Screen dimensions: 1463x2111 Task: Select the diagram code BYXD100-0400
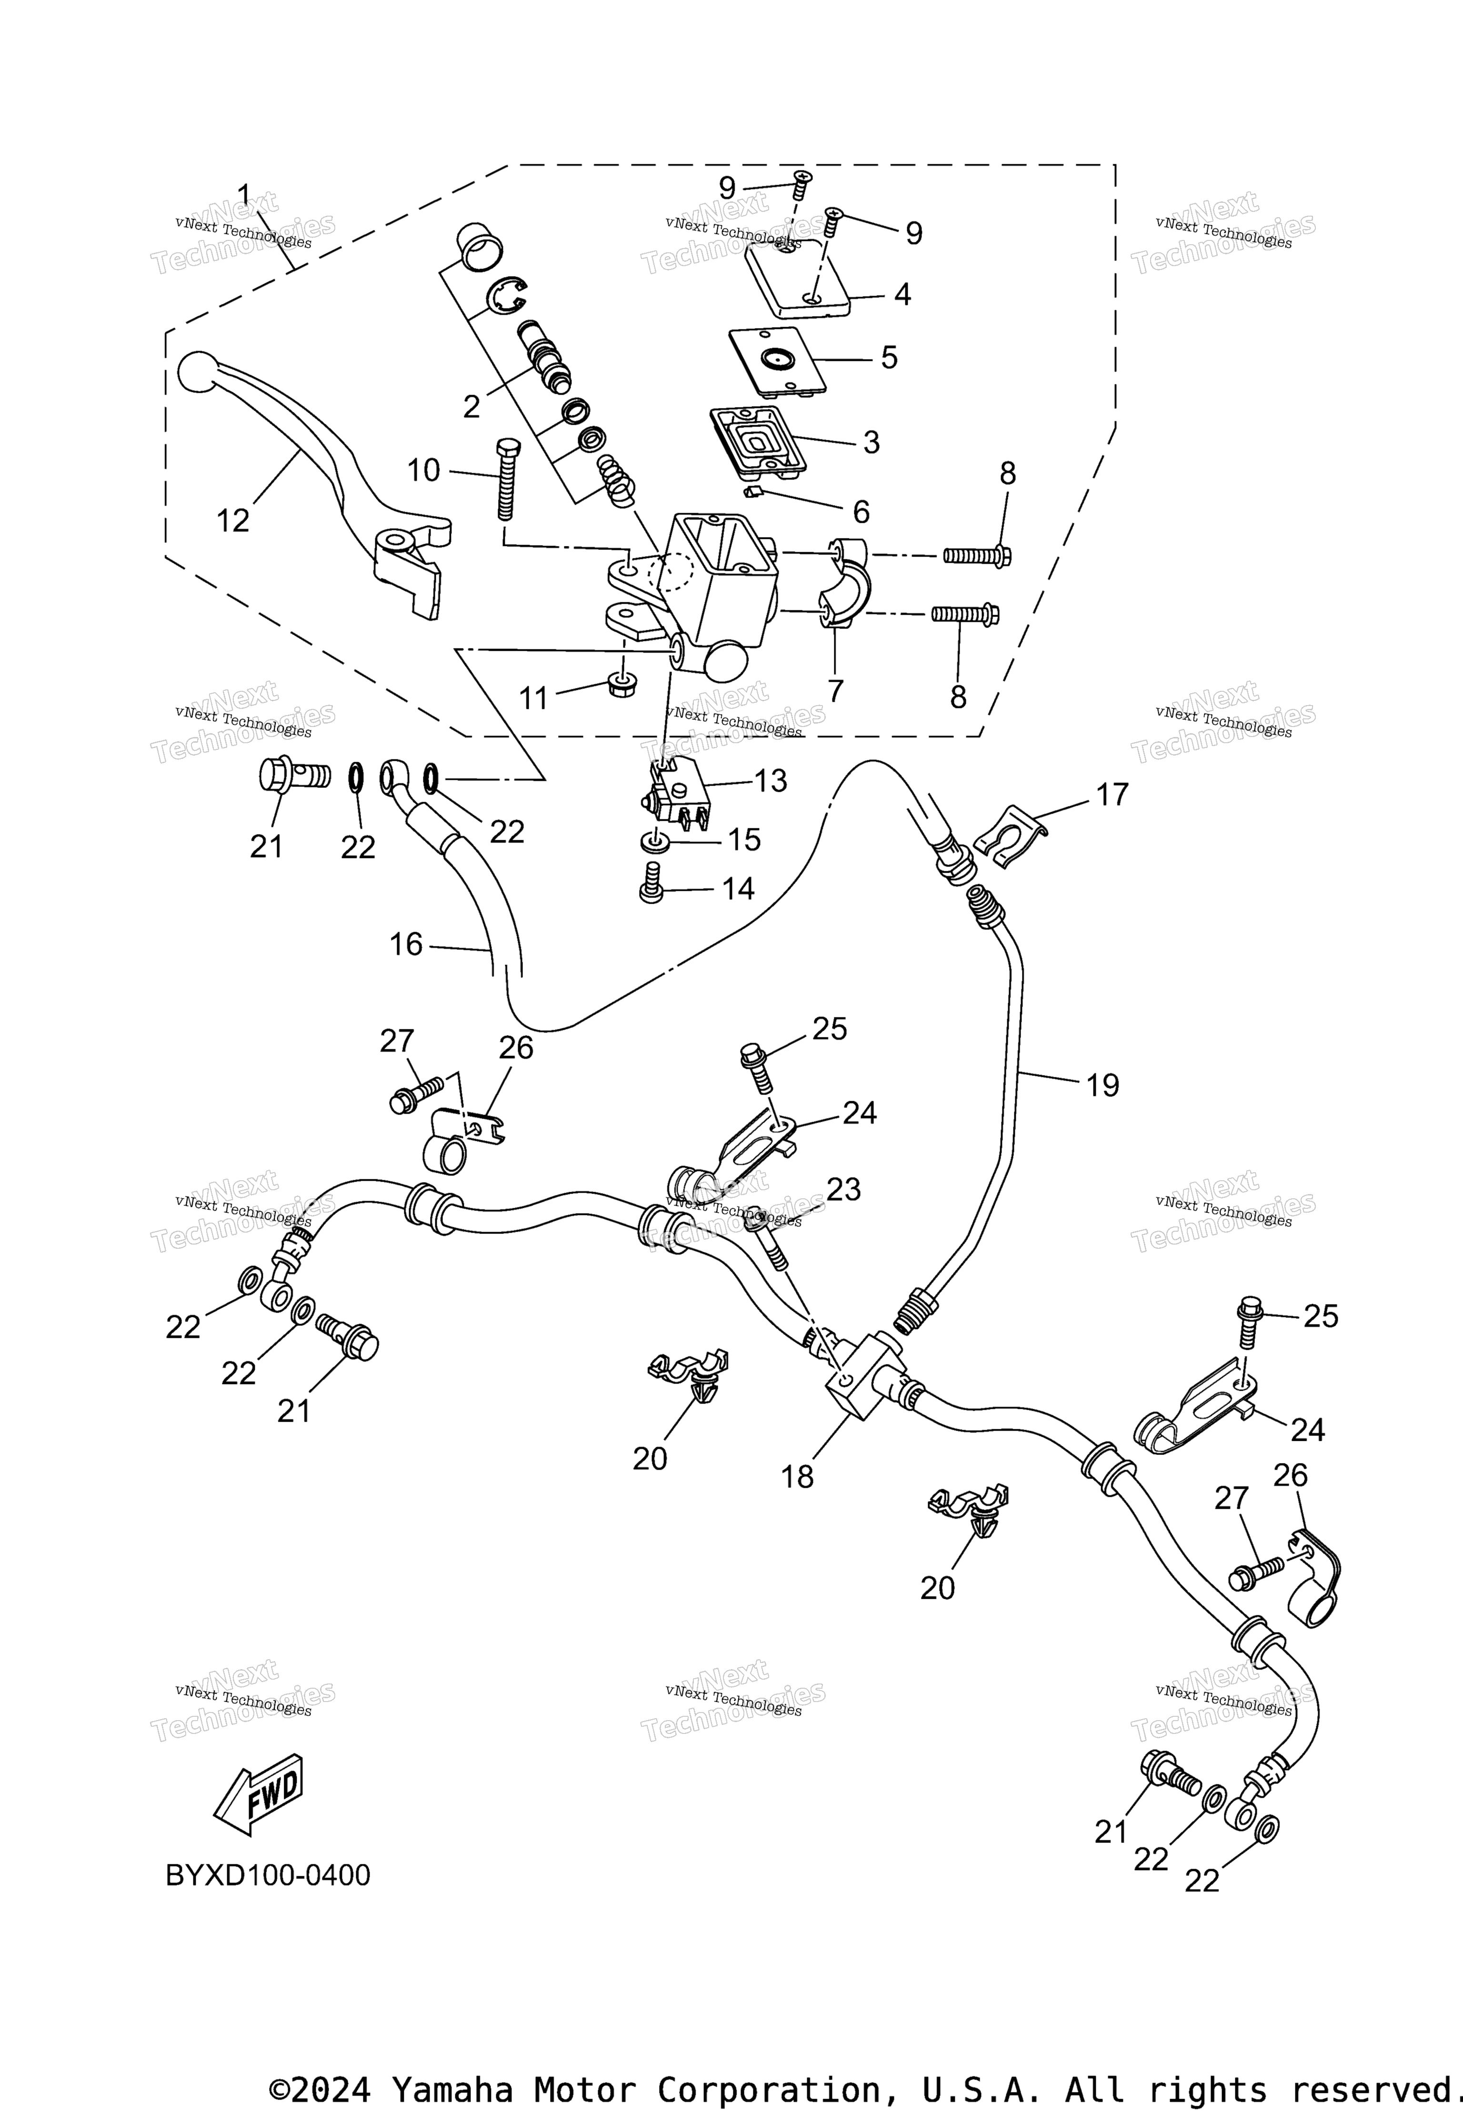[268, 1875]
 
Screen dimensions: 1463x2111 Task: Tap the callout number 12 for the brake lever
[233, 520]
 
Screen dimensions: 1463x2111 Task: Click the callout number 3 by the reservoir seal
[871, 442]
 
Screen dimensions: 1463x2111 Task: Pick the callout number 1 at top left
[244, 194]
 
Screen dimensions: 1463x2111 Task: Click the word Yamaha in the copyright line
[452, 2082]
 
